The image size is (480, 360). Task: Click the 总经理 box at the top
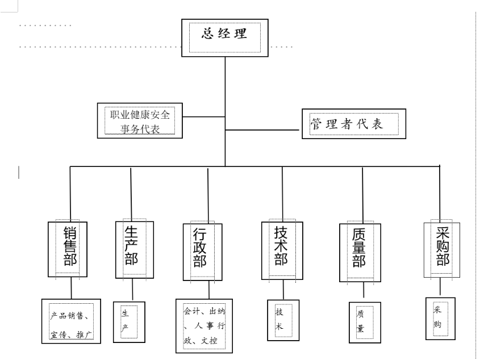pyautogui.click(x=225, y=37)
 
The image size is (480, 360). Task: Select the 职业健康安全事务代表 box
pyautogui.click(x=140, y=121)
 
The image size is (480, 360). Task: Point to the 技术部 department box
pyautogui.click(x=281, y=250)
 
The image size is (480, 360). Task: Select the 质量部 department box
pyautogui.click(x=360, y=252)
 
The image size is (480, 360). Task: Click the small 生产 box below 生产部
pyautogui.click(x=126, y=321)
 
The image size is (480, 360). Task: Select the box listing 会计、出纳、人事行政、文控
pyautogui.click(x=204, y=326)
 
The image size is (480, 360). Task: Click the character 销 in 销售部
pyautogui.click(x=71, y=233)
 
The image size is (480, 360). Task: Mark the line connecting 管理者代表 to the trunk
pyautogui.click(x=262, y=130)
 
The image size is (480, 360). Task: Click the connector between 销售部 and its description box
pyautogui.click(x=72, y=289)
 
